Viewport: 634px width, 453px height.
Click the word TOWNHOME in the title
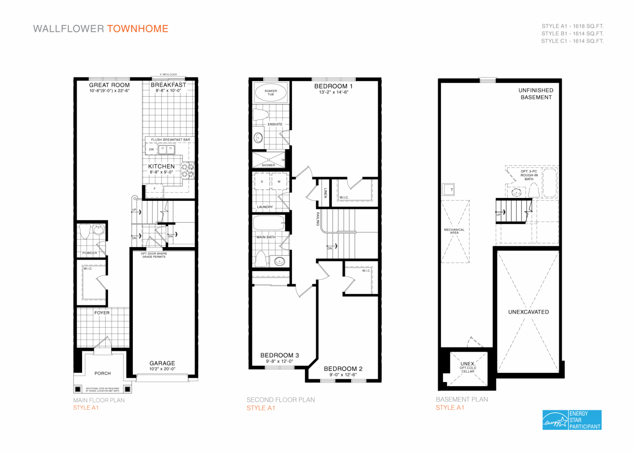(137, 29)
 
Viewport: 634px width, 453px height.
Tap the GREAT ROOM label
(109, 85)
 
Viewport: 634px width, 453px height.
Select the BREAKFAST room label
(168, 85)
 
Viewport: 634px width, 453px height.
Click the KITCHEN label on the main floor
(161, 166)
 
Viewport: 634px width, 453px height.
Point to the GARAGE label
(162, 363)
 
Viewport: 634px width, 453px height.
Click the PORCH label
(102, 373)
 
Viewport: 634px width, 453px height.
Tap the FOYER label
(102, 313)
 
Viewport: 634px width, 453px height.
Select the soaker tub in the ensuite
(271, 93)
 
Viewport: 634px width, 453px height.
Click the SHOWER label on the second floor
(268, 165)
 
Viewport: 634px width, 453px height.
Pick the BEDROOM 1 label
(334, 86)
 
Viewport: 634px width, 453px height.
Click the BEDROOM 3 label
(279, 355)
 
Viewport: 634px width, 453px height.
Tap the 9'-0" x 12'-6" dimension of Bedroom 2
(343, 375)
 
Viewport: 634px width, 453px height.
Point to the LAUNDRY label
(265, 207)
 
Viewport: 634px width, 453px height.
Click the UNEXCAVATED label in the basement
(528, 312)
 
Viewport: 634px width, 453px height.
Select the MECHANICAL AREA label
(454, 231)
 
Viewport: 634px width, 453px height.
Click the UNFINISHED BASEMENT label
(536, 94)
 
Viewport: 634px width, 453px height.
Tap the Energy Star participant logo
(572, 420)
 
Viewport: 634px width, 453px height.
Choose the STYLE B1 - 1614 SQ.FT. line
(572, 33)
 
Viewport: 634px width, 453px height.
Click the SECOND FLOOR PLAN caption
(281, 400)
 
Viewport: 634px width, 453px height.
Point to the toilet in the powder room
(85, 231)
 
